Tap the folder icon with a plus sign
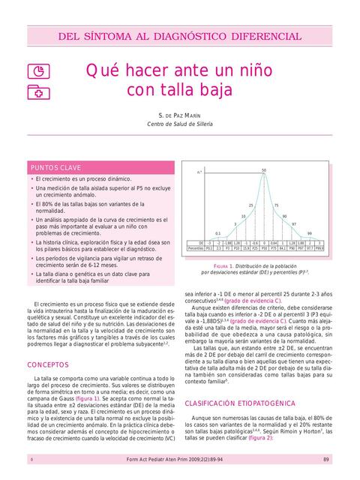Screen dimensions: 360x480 tap(35, 91)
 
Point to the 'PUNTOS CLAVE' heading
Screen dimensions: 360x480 tap(55, 167)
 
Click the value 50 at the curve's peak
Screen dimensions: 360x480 tap(264, 171)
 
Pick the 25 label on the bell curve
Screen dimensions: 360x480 tap(251, 205)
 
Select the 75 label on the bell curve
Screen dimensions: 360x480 tap(276, 205)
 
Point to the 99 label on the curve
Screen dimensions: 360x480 tap(309, 233)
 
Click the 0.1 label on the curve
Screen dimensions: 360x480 tap(217, 233)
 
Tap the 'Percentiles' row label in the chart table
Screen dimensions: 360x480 tap(196, 248)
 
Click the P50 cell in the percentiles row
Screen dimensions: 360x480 tap(264, 248)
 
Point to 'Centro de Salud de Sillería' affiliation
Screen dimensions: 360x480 tap(180, 124)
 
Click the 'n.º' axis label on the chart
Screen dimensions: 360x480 tap(199, 172)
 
